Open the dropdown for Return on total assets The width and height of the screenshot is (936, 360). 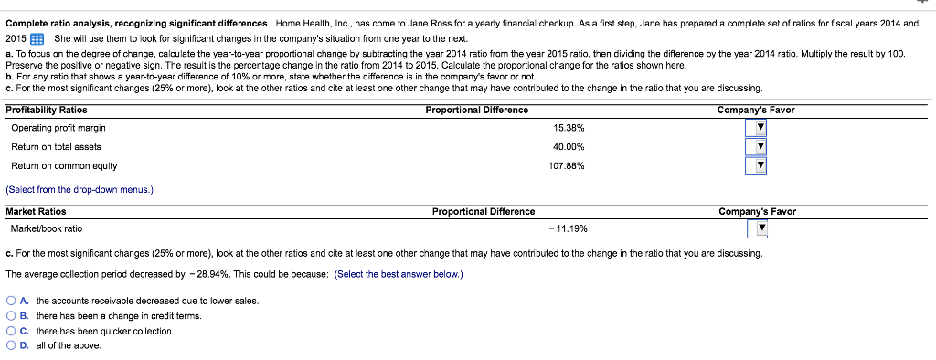pyautogui.click(x=756, y=147)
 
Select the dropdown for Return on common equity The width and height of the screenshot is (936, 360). pyautogui.click(x=756, y=166)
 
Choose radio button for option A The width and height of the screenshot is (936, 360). pyautogui.click(x=10, y=301)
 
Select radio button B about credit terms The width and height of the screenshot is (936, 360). pyautogui.click(x=10, y=316)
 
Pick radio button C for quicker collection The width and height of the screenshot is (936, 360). pyautogui.click(x=10, y=331)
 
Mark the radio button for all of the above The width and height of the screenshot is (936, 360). pyautogui.click(x=10, y=345)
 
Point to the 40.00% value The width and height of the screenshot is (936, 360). pyautogui.click(x=569, y=147)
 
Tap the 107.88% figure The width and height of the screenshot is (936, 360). pyautogui.click(x=568, y=166)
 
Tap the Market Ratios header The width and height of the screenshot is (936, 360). pyautogui.click(x=36, y=211)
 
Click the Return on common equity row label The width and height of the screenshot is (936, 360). pyautogui.click(x=64, y=166)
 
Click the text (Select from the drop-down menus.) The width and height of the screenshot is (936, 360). pyautogui.click(x=80, y=189)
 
